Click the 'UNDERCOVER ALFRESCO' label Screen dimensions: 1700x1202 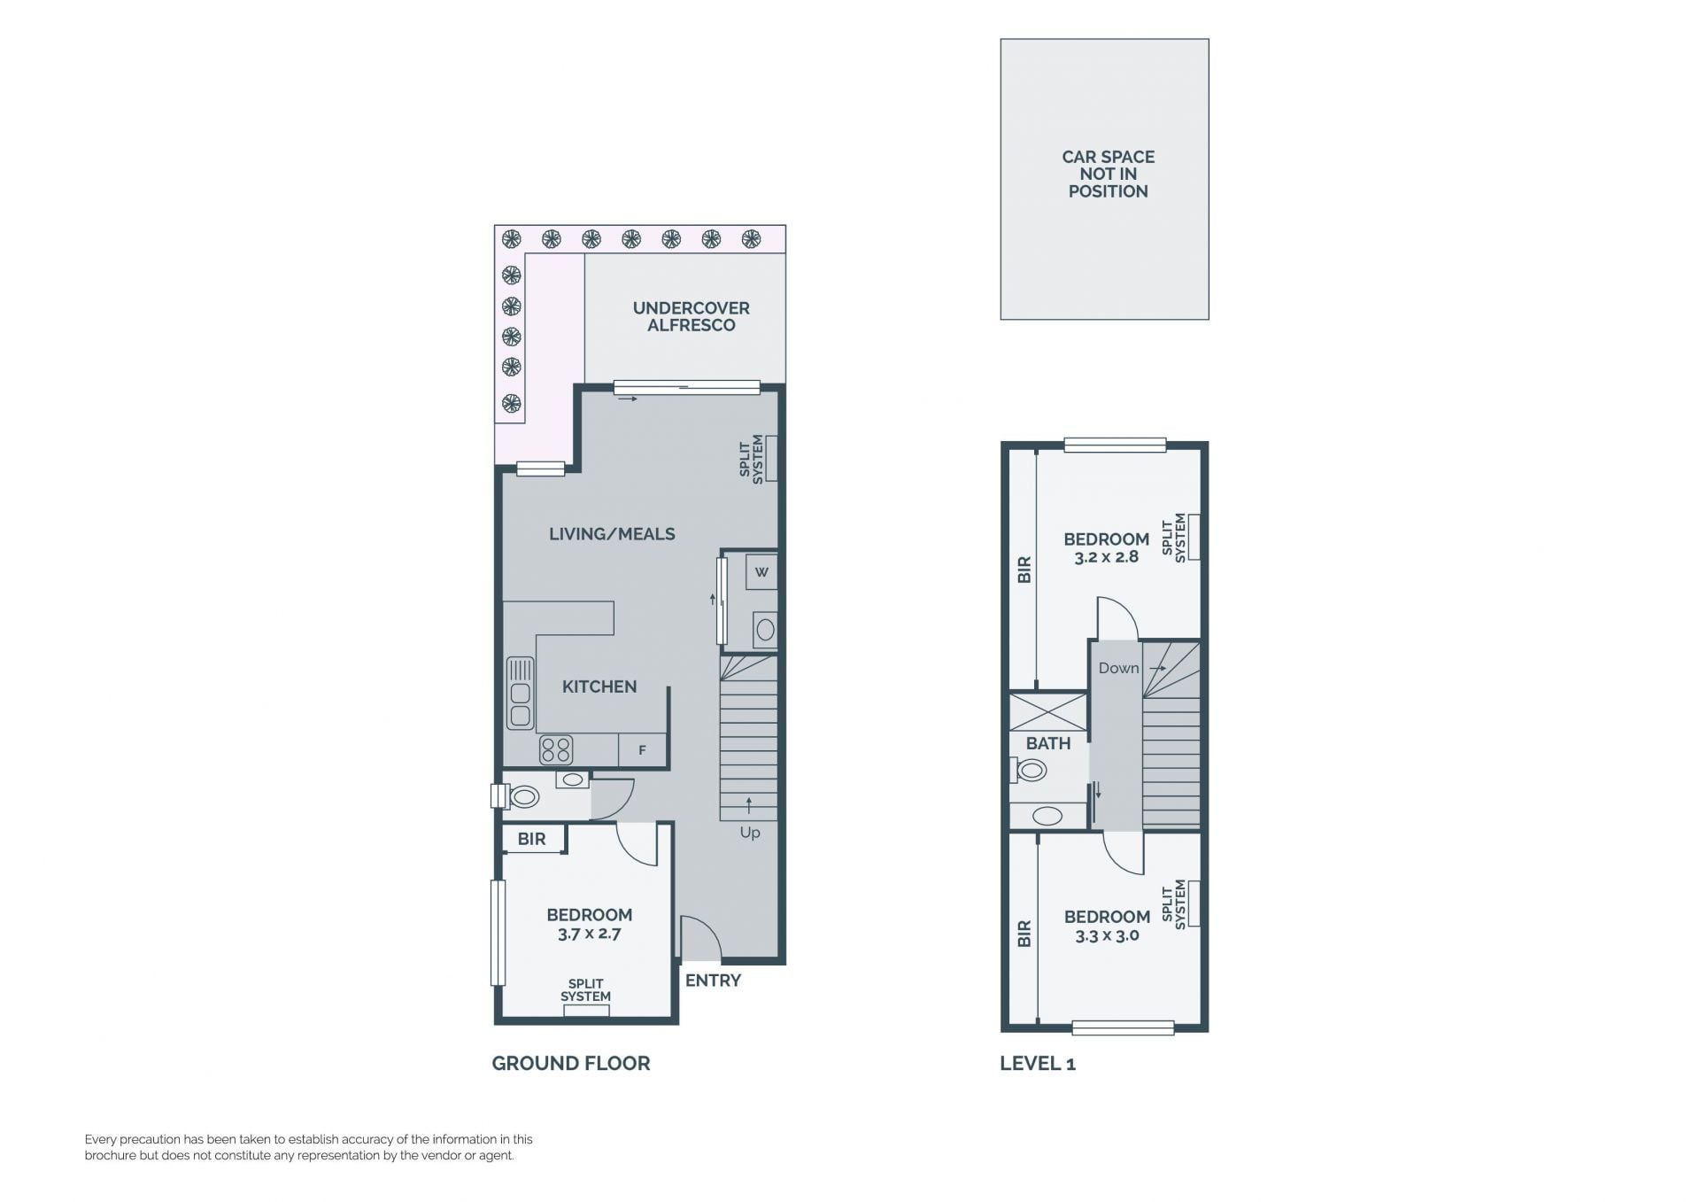[691, 316]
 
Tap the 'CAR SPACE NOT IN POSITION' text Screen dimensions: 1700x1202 [1108, 174]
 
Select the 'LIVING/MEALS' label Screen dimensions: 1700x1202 [612, 533]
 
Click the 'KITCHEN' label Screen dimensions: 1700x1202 [599, 686]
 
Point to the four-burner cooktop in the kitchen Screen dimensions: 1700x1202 [556, 750]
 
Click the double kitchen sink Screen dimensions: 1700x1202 [520, 693]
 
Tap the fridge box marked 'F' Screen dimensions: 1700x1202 [642, 750]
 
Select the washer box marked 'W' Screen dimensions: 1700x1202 [761, 571]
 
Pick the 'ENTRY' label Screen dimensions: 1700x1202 [713, 981]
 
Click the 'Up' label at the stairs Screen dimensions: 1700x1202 [750, 834]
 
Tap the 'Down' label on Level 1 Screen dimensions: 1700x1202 [1118, 668]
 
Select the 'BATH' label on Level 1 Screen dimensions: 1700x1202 [1048, 744]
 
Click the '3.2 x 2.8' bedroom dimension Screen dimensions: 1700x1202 [1107, 557]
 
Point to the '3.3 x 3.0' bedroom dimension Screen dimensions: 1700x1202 [1107, 935]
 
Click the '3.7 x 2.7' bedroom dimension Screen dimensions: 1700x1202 [590, 934]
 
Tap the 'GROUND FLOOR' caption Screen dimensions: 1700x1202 [571, 1063]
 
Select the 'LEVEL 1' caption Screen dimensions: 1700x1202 [1038, 1063]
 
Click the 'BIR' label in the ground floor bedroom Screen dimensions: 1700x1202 [531, 839]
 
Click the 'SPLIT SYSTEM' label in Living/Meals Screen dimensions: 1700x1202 [751, 459]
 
